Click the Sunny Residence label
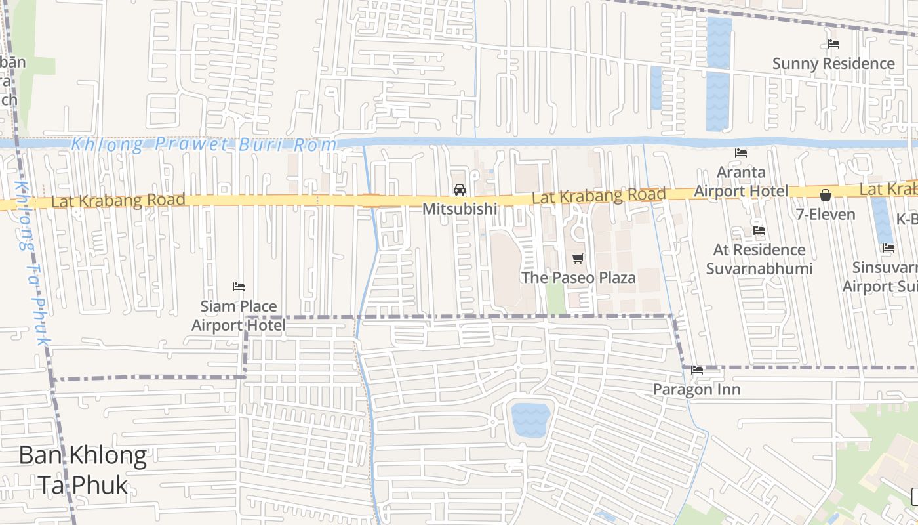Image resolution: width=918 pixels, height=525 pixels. tap(833, 64)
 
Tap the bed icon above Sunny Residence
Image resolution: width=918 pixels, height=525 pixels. tap(833, 44)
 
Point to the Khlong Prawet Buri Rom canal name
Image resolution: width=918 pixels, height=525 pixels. tap(203, 144)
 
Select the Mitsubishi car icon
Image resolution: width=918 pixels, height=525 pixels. tap(460, 190)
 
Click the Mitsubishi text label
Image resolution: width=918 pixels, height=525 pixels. tap(460, 209)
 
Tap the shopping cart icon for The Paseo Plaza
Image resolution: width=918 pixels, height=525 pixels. tap(578, 259)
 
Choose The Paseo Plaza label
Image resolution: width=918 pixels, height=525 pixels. tap(578, 278)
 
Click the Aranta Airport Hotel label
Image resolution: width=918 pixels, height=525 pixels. tap(741, 181)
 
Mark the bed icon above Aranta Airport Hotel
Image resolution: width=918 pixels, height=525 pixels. tap(741, 153)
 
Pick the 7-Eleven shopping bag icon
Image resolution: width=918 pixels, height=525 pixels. tap(826, 195)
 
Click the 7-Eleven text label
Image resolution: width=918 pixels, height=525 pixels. tap(826, 215)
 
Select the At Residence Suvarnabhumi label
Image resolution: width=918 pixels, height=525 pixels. tap(759, 259)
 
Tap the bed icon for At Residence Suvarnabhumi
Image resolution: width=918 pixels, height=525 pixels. tap(759, 230)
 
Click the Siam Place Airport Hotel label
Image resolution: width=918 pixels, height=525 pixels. tap(239, 316)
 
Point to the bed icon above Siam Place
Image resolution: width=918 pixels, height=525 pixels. tap(239, 287)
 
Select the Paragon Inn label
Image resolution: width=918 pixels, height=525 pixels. tap(696, 390)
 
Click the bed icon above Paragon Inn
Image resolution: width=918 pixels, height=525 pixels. tap(697, 370)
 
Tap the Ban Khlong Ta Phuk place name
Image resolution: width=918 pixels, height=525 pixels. tap(83, 470)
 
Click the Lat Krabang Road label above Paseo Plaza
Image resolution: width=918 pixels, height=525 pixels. tap(599, 196)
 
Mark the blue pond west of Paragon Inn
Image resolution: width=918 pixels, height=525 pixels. tap(530, 420)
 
